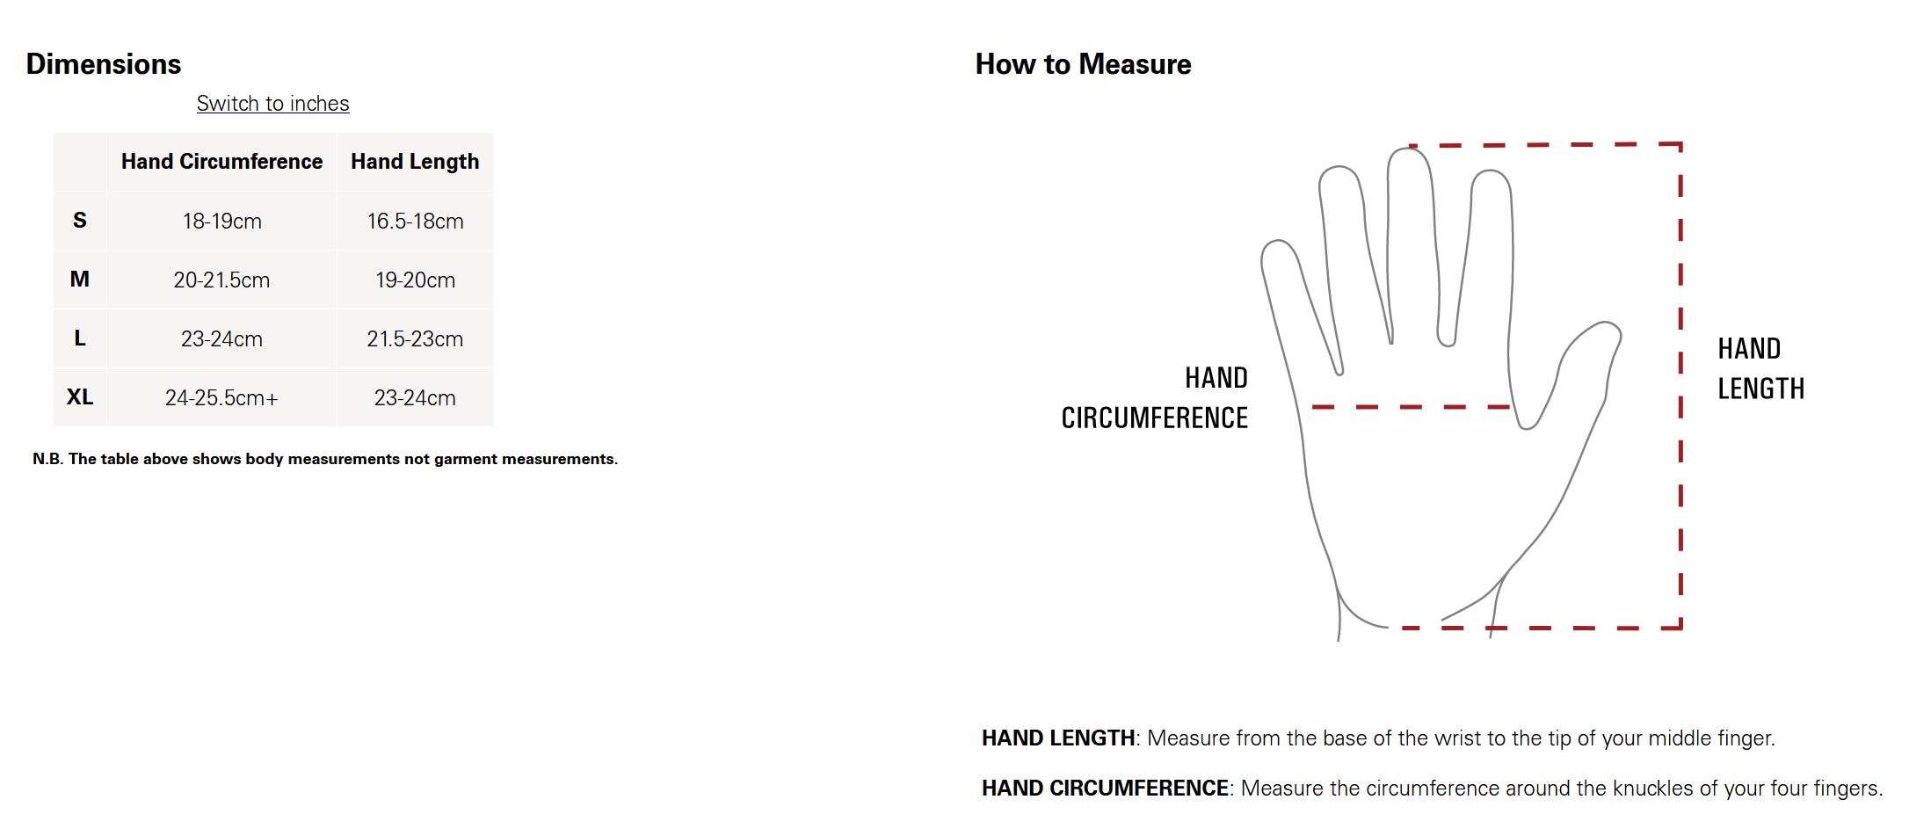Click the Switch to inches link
click(272, 104)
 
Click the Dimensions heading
click(104, 64)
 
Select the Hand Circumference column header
click(221, 162)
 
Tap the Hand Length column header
click(415, 162)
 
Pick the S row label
click(80, 221)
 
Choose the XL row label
click(80, 397)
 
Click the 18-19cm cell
click(222, 222)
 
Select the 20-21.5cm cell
click(221, 280)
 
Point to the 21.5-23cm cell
click(415, 339)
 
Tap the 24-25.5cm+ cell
click(221, 398)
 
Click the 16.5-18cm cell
click(415, 222)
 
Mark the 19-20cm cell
click(415, 280)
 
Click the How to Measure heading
click(1083, 64)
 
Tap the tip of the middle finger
click(1409, 149)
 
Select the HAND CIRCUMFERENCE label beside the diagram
click(1155, 398)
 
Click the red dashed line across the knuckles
click(1411, 407)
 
